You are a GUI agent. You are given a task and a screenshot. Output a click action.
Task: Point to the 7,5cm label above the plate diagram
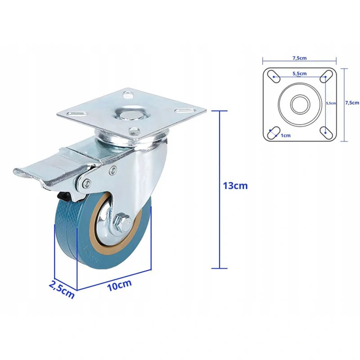pyautogui.click(x=299, y=58)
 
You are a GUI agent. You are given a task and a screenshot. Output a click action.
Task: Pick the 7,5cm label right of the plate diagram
pyautogui.click(x=352, y=103)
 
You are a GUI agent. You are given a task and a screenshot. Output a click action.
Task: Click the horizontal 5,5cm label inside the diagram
pyautogui.click(x=299, y=73)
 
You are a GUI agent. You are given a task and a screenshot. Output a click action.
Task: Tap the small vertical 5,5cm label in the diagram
pyautogui.click(x=330, y=103)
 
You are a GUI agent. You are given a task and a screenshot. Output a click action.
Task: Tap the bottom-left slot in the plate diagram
pyautogui.click(x=271, y=131)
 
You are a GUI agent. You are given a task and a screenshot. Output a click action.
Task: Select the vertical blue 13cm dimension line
pyautogui.click(x=220, y=189)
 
